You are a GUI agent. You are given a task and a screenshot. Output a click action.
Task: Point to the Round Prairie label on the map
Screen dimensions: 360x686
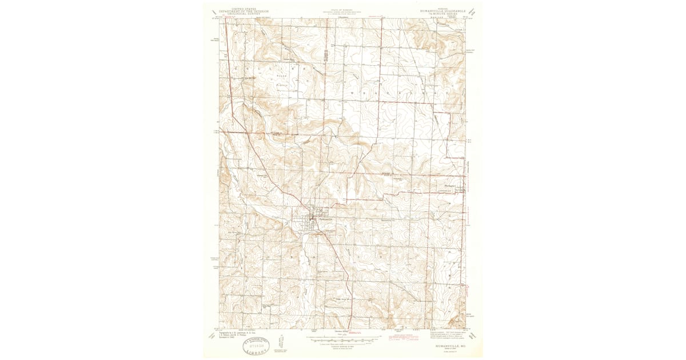point(280,80)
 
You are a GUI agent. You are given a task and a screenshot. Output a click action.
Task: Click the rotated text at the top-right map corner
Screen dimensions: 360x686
point(472,10)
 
